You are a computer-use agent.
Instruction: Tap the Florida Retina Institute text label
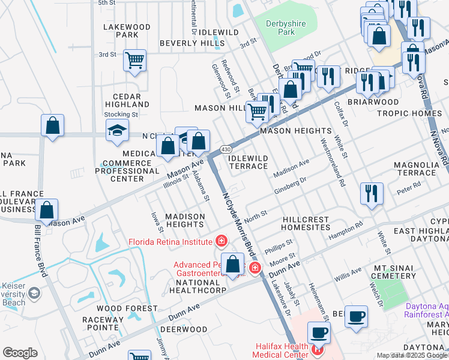point(170,242)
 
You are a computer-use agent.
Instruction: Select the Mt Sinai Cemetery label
point(394,271)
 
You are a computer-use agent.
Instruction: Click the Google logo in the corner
point(20,353)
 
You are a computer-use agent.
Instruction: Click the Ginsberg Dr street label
point(291,184)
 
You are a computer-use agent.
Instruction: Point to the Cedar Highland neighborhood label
point(122,100)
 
